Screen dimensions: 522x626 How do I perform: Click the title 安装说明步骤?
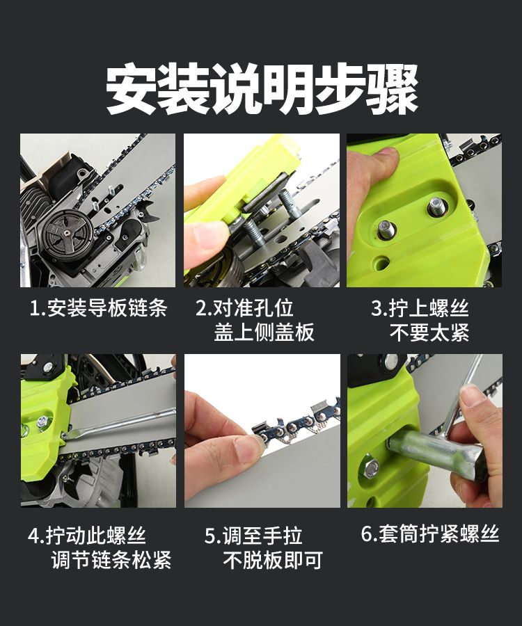262,88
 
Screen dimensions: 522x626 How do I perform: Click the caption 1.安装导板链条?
98,308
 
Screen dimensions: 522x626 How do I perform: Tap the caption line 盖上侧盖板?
264,332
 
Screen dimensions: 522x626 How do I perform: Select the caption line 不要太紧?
429,332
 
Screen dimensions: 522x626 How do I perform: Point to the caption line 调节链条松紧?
111,560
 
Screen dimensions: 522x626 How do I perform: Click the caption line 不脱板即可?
273,560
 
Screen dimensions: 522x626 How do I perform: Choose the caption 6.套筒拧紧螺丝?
430,533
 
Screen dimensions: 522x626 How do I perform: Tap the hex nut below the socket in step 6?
372,468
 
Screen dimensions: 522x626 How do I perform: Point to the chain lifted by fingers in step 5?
296,424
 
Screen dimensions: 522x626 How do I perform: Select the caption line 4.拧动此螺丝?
87,535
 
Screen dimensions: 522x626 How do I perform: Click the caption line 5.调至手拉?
253,535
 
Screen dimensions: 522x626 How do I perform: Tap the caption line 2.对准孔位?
244,308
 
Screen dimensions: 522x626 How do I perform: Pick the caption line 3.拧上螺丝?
420,308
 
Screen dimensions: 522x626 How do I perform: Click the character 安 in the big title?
132,88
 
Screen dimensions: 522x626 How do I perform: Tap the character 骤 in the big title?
393,88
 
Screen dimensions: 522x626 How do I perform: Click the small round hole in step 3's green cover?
380,263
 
